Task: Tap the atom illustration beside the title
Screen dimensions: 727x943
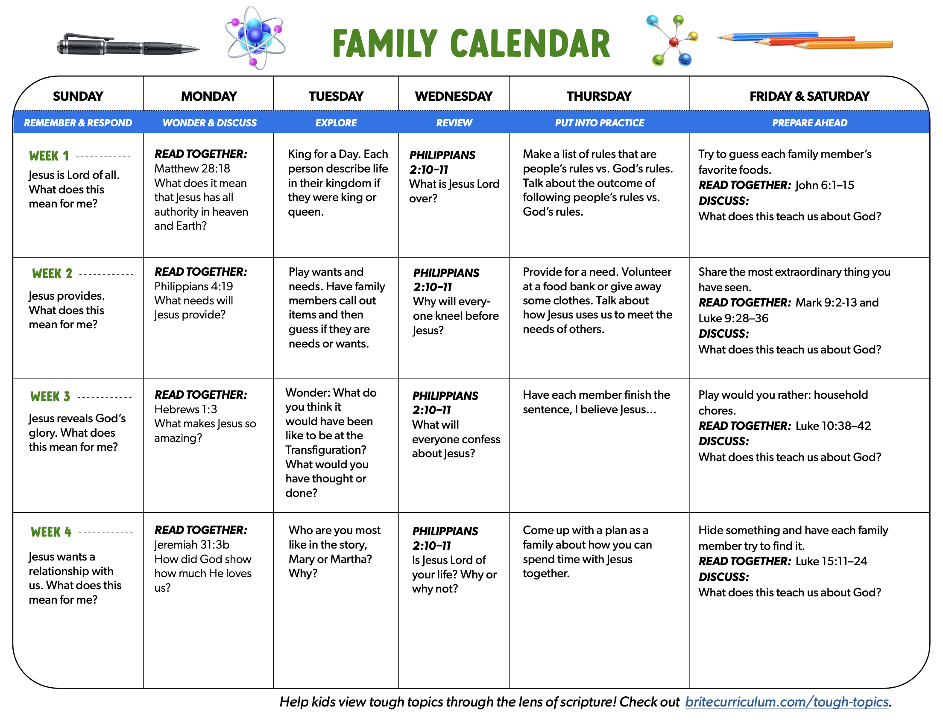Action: click(x=255, y=38)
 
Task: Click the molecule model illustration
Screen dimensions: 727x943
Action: click(x=673, y=41)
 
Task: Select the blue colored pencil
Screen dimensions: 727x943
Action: click(x=769, y=36)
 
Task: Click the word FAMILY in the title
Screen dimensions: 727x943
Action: click(x=385, y=44)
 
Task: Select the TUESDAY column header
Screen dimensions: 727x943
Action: click(x=336, y=96)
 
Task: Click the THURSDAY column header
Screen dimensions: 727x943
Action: click(x=599, y=96)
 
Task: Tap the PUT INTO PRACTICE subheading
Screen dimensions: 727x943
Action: click(x=599, y=123)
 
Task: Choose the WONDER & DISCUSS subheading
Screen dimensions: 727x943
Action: click(x=209, y=123)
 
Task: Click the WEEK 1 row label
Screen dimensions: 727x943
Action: click(x=49, y=156)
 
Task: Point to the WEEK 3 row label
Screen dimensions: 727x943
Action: click(x=50, y=397)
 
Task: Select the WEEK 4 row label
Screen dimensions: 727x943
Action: click(x=51, y=532)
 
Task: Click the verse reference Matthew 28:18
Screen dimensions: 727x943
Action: click(x=192, y=168)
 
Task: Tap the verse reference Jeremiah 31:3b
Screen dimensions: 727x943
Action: click(x=192, y=545)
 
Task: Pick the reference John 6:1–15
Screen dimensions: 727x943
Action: click(x=824, y=185)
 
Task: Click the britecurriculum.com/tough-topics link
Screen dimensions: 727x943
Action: click(x=787, y=702)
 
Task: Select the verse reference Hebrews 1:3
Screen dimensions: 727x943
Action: click(x=186, y=409)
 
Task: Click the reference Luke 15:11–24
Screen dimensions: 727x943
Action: click(x=831, y=561)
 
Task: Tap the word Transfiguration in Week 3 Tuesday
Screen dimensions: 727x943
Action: click(x=325, y=450)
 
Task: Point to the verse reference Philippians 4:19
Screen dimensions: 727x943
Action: click(x=193, y=286)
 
